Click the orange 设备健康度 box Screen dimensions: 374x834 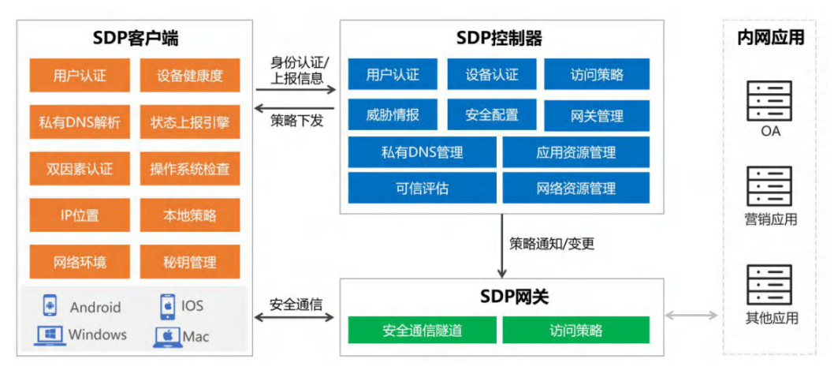(189, 76)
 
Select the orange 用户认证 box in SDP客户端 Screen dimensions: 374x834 (80, 76)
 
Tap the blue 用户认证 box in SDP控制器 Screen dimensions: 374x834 (393, 75)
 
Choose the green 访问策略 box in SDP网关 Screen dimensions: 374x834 (575, 330)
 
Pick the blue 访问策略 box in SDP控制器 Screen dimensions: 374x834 (597, 75)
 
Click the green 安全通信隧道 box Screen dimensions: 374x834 (423, 330)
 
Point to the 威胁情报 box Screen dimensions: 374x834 (393, 114)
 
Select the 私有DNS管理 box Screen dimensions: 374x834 (423, 152)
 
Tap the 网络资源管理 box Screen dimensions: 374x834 (575, 189)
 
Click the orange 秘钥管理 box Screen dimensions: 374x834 (189, 261)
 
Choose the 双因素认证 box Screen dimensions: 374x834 (80, 168)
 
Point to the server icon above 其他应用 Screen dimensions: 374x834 (769, 285)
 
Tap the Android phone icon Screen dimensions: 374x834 (50, 305)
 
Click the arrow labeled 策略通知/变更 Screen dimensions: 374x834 (501, 244)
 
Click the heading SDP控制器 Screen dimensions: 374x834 (499, 37)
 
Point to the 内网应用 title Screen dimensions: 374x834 (770, 37)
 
